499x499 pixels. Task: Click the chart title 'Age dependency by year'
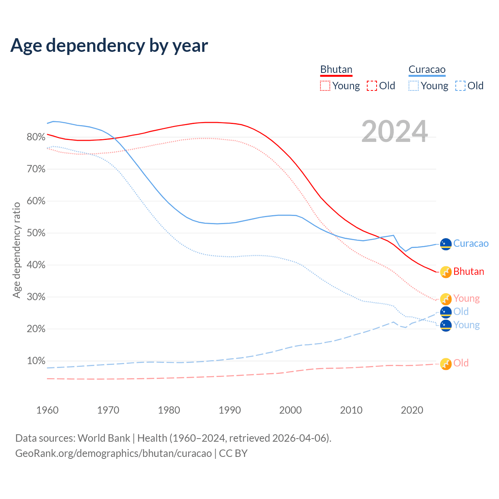pos(109,46)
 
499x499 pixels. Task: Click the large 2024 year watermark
pos(395,132)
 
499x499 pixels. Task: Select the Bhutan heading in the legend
pos(336,70)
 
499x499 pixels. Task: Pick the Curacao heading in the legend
pos(427,70)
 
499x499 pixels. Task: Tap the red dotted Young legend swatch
pos(325,86)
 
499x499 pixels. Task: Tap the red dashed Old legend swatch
pos(372,86)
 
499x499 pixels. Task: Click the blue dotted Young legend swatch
pos(413,86)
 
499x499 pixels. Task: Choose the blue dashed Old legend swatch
pos(460,86)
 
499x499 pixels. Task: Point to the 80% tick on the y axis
pos(36,137)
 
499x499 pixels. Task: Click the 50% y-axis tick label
pos(36,233)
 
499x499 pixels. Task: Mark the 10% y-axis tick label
pos(36,361)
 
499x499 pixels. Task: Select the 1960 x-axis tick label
pos(47,410)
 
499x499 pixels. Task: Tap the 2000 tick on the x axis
pos(290,410)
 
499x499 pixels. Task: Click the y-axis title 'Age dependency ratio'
pos(16,249)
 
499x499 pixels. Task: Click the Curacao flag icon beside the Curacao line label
pos(446,244)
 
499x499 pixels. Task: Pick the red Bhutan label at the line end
pos(469,272)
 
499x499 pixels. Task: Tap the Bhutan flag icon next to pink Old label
pos(446,364)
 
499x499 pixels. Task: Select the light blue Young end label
pos(466,325)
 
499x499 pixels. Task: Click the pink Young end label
pos(466,299)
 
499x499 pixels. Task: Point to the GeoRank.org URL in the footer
pos(113,453)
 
